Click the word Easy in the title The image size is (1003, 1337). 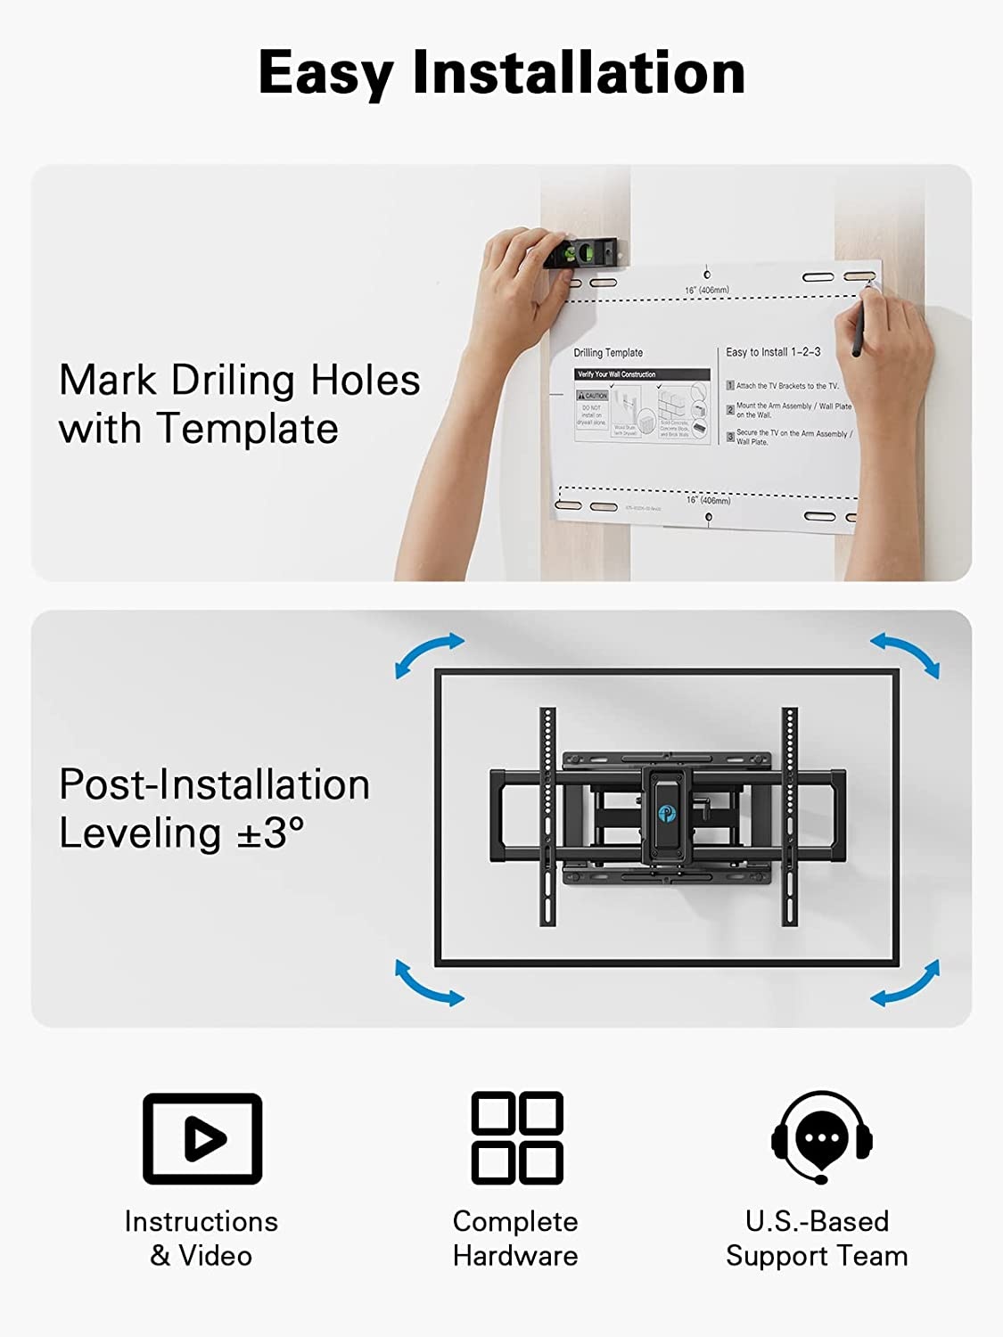[x=326, y=73]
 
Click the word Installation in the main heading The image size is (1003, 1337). [x=579, y=73]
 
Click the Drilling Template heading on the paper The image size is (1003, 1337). [x=608, y=353]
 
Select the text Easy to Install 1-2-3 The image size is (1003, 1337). [x=773, y=352]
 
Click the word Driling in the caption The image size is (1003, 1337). [x=233, y=381]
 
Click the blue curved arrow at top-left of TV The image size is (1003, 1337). [x=429, y=654]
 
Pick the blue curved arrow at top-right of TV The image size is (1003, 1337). [x=905, y=654]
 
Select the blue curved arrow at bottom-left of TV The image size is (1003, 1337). [x=429, y=983]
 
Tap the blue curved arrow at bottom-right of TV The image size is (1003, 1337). [x=905, y=983]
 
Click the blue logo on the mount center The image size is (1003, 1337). [x=666, y=812]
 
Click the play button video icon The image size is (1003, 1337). [x=202, y=1138]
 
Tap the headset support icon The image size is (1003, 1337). [x=821, y=1136]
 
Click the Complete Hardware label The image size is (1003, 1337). [x=515, y=1238]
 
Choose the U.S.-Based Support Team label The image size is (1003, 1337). [x=817, y=1238]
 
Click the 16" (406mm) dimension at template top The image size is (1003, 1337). [x=707, y=291]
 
